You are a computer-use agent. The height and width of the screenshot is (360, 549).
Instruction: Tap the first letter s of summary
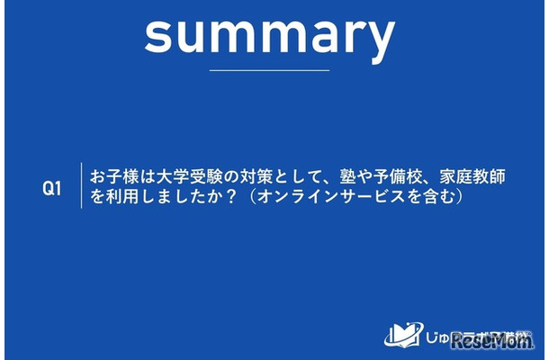click(x=157, y=36)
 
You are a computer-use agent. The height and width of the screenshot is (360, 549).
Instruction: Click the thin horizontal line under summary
click(x=269, y=69)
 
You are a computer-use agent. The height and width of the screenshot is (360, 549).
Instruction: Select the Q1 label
click(x=52, y=188)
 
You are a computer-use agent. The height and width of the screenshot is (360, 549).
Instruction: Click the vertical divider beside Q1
click(x=82, y=186)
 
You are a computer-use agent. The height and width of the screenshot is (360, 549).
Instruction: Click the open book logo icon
click(x=400, y=333)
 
